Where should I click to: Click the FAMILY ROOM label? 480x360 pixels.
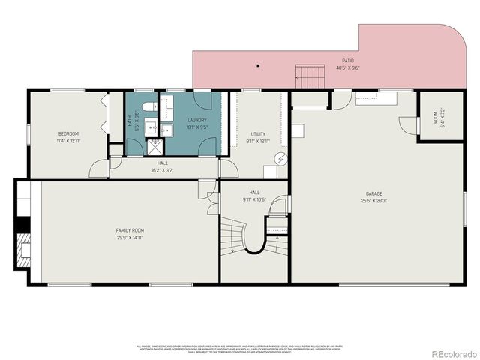[130, 230]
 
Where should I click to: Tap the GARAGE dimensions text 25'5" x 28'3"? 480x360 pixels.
[374, 201]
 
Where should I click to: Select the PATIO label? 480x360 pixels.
[348, 61]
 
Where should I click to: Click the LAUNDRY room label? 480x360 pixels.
[196, 120]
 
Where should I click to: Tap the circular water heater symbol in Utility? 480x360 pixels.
[280, 158]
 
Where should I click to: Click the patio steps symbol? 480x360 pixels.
[310, 76]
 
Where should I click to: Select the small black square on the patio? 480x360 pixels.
[257, 66]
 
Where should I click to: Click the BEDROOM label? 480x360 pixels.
[68, 133]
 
